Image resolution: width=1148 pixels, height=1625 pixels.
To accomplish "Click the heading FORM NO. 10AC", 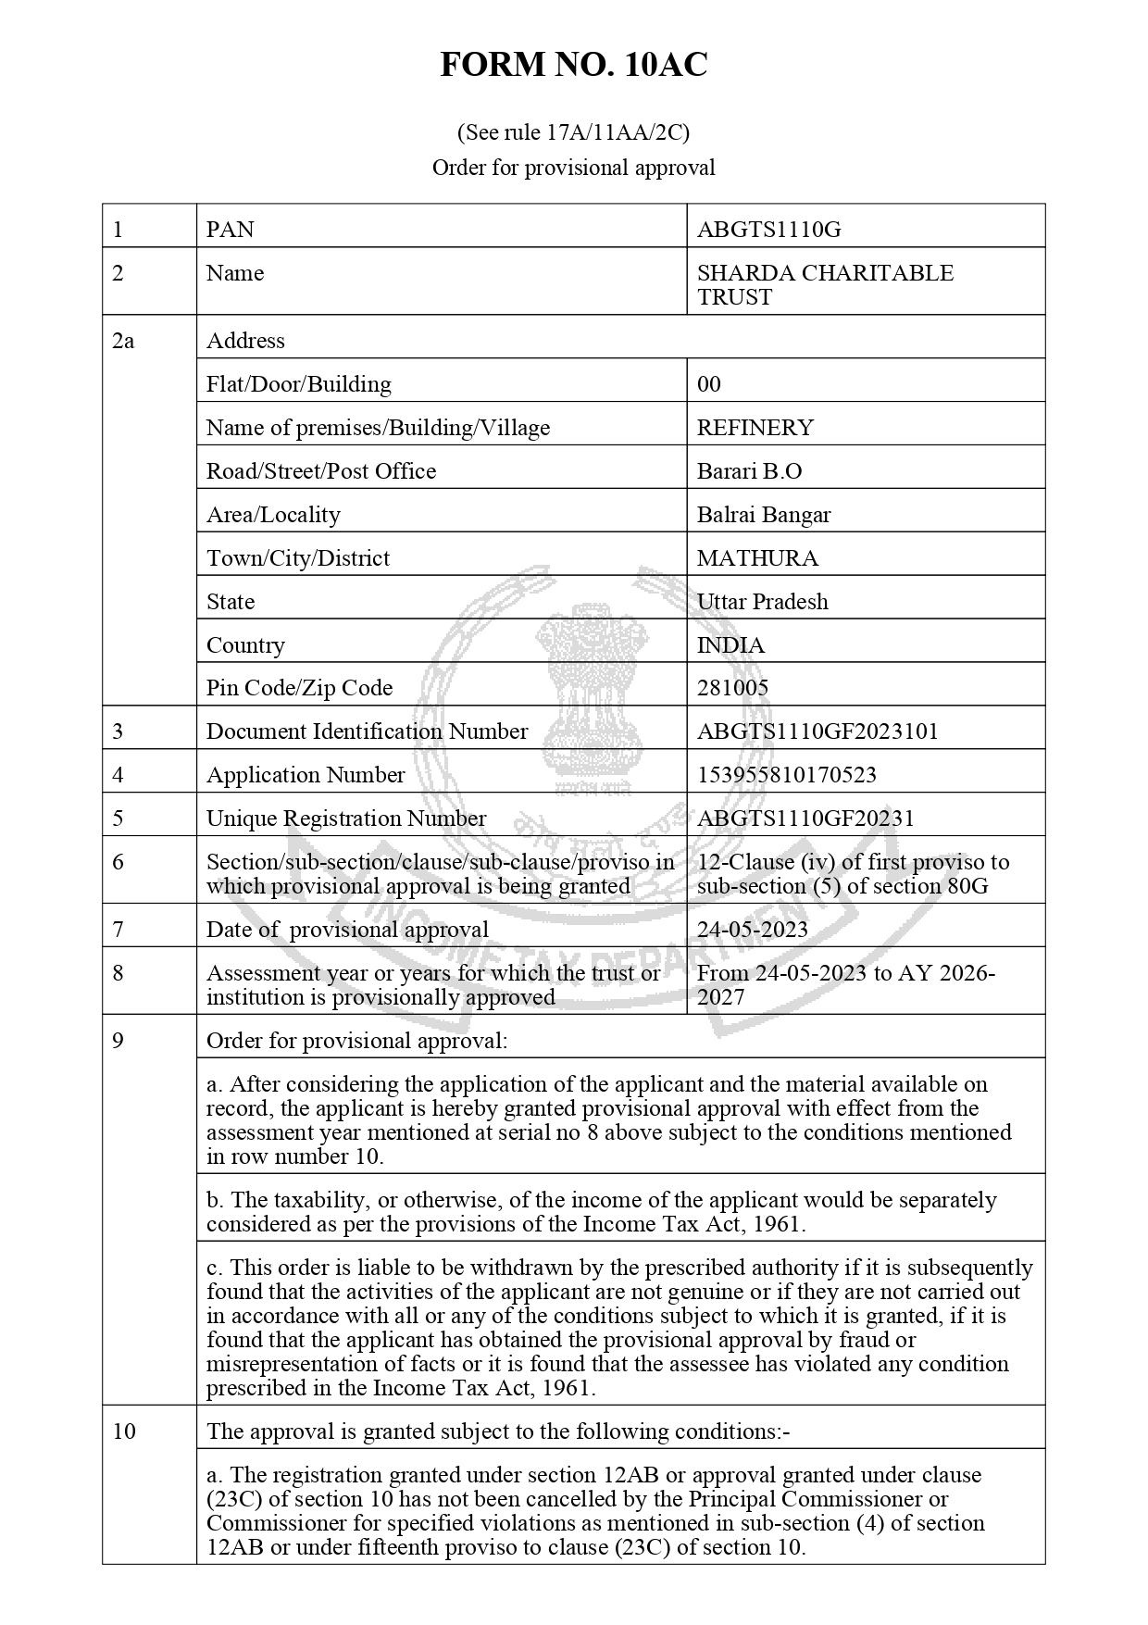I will tap(573, 65).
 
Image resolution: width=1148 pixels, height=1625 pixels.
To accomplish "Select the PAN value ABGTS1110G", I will tap(768, 230).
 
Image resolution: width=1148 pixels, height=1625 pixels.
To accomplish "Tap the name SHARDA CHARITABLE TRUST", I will tap(824, 285).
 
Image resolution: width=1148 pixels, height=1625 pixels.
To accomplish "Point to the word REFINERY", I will tap(755, 428).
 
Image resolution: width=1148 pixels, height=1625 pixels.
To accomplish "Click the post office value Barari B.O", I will tap(749, 471).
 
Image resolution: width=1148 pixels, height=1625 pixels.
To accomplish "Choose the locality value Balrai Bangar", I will tap(763, 515).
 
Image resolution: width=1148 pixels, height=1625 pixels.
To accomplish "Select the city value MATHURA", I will tap(757, 558).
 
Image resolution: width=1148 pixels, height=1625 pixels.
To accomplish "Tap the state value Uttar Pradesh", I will tap(762, 602).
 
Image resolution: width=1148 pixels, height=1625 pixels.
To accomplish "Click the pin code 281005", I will tap(732, 688).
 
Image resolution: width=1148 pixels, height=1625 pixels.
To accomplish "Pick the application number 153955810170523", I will tap(786, 775).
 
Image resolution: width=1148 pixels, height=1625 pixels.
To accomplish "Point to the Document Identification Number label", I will tap(367, 731).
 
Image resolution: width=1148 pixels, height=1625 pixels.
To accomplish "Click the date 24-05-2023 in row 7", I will tap(752, 930).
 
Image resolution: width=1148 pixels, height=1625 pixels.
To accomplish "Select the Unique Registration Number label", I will tap(345, 819).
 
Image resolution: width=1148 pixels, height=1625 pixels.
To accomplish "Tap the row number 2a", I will tap(123, 341).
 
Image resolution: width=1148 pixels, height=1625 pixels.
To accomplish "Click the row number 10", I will tap(124, 1431).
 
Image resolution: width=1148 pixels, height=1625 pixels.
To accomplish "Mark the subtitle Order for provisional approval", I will tap(573, 168).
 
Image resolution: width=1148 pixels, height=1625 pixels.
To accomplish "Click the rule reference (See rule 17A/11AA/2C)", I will tap(573, 132).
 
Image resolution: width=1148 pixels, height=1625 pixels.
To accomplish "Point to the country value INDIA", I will tap(730, 645).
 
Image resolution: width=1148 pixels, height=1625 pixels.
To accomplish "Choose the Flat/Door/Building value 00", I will tap(708, 384).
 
